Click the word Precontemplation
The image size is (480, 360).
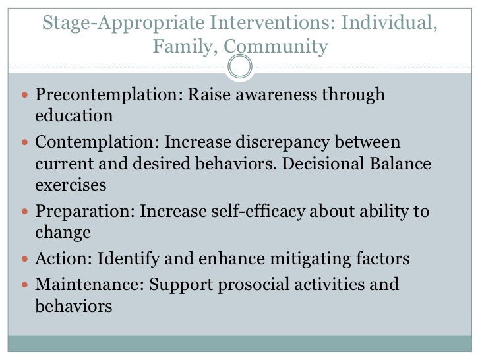click(105, 95)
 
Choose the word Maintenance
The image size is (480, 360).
click(86, 284)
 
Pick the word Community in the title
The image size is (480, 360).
click(275, 47)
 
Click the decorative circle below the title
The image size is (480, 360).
click(240, 67)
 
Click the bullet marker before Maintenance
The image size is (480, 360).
click(24, 285)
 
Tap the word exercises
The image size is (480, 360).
click(71, 185)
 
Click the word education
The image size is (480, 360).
click(74, 116)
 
